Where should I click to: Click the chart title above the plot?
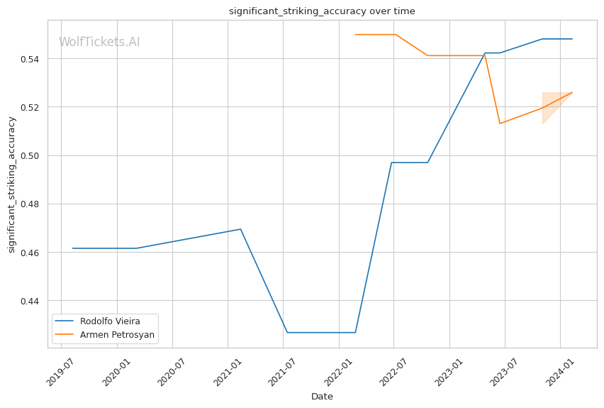[x=322, y=11]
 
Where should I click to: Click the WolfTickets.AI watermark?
[x=99, y=43]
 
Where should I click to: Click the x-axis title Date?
[x=322, y=397]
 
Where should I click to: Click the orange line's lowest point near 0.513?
[x=500, y=123]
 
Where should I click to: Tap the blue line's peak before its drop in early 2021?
[x=240, y=229]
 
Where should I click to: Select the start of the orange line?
[x=355, y=34]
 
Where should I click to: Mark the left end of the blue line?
[x=72, y=248]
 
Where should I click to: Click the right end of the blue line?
[x=572, y=39]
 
